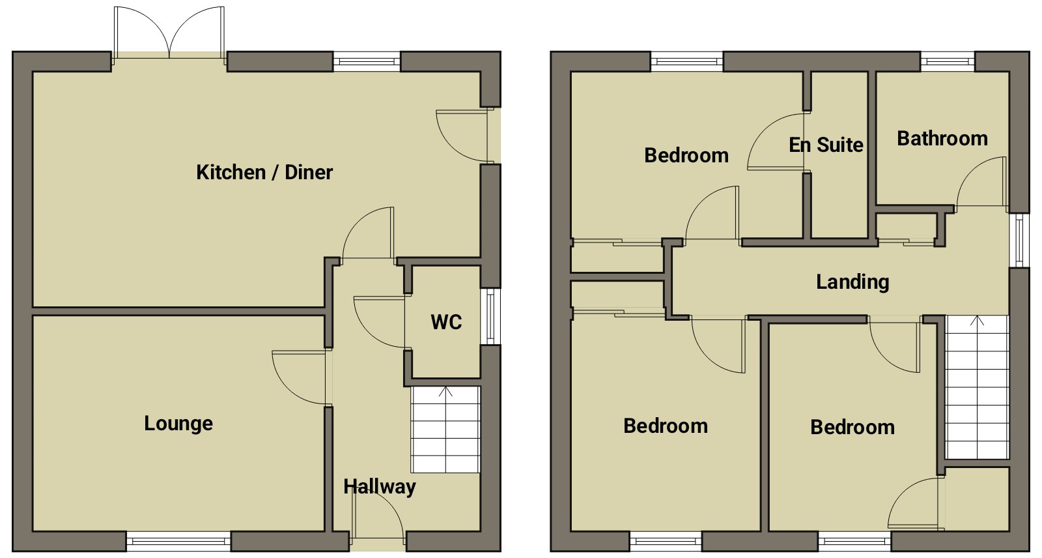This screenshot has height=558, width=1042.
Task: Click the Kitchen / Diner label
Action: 264,172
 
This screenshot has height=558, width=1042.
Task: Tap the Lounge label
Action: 178,424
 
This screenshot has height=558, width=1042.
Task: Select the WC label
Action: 446,322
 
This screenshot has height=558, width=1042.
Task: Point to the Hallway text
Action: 380,487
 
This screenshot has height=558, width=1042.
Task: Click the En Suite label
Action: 826,145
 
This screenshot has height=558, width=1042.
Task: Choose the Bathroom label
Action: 942,138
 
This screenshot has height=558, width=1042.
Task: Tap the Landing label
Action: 852,282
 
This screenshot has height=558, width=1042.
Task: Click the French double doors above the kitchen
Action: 169,33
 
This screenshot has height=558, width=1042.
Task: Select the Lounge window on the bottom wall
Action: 178,541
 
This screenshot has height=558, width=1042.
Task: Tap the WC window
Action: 490,316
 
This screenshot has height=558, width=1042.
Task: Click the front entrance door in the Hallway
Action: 377,517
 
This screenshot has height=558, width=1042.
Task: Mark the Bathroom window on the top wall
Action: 948,61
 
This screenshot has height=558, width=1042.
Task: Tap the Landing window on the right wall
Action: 1019,241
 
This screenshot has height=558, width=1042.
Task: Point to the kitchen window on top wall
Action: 367,61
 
